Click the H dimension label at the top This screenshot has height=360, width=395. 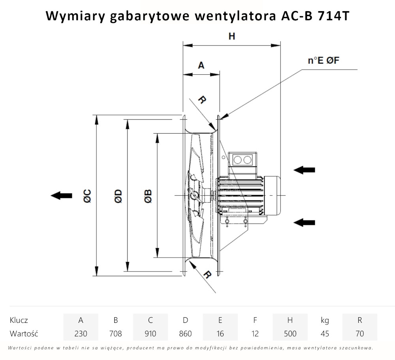point(231,36)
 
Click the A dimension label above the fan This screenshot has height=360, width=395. point(201,66)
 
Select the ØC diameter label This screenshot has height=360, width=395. point(87,196)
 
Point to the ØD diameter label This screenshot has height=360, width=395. point(118,196)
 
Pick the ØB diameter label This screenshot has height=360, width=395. point(148,196)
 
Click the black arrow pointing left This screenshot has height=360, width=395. point(62,195)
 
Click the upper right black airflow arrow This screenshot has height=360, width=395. point(305,170)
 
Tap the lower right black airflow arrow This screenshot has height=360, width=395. point(305,222)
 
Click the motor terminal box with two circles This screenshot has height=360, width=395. point(243,160)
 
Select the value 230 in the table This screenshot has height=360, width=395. point(81,334)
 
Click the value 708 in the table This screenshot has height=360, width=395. point(115,334)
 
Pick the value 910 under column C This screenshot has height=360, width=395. point(150,334)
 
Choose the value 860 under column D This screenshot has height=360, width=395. point(185,334)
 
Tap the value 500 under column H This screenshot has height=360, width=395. point(290,334)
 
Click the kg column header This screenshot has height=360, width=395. point(325,320)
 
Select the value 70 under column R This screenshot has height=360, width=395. point(359,334)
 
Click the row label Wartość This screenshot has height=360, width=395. point(24,334)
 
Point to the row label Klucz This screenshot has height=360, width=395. point(19,320)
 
